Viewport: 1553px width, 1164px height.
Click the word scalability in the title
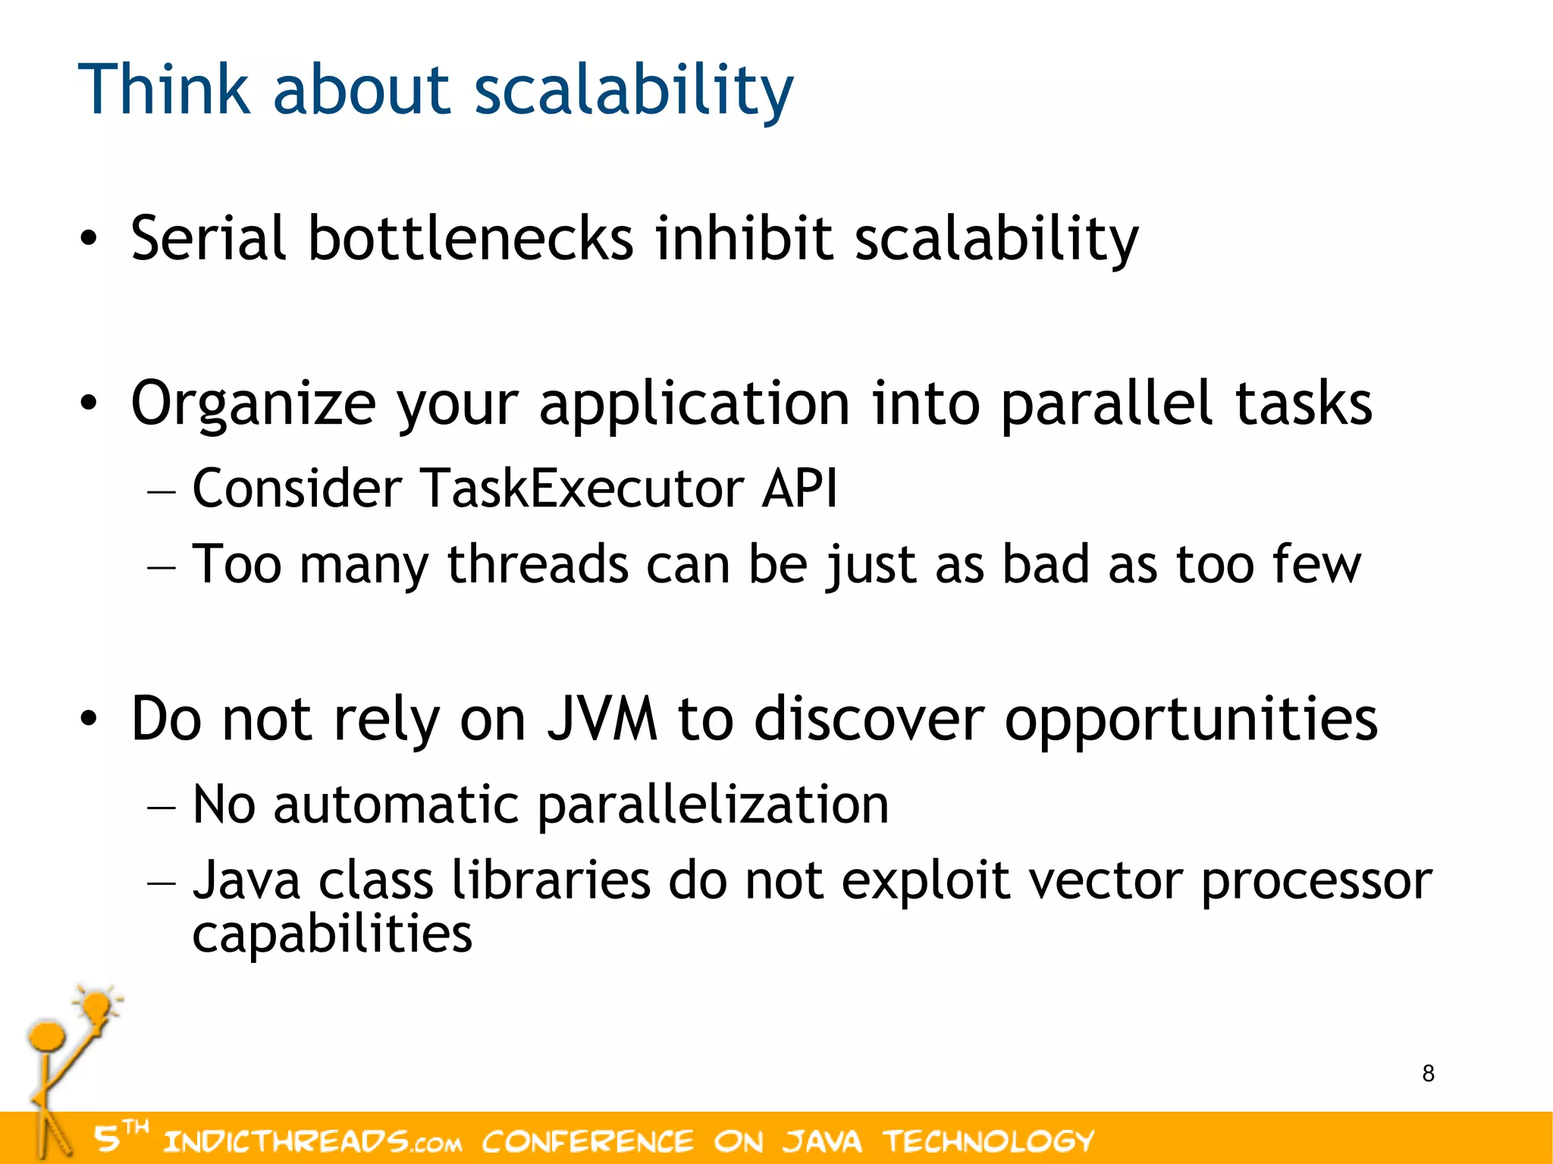point(633,91)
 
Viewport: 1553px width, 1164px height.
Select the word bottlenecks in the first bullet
point(470,239)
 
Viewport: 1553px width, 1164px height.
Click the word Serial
point(208,239)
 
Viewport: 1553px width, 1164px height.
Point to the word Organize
point(253,404)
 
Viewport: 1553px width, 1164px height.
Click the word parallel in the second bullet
point(1106,404)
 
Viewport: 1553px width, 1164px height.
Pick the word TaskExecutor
point(581,488)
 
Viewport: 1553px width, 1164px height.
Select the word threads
point(538,564)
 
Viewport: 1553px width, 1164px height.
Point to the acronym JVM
point(602,719)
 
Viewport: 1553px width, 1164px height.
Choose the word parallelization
point(713,805)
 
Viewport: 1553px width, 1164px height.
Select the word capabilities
point(332,934)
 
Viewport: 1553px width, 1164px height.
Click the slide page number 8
point(1428,1074)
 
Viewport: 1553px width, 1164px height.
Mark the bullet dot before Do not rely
point(89,718)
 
